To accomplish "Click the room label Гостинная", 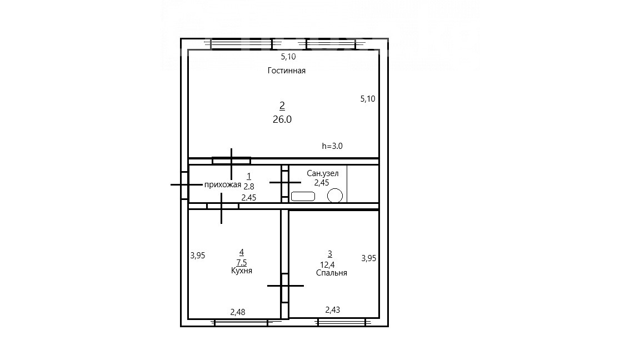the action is (287, 71).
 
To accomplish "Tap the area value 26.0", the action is (282, 119).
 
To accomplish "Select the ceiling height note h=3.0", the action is (332, 146).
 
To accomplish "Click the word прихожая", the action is (223, 185).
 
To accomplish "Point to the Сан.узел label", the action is (322, 173).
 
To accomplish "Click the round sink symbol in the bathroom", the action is (335, 196).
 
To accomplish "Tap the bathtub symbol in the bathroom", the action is (303, 196).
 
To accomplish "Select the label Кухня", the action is (242, 271).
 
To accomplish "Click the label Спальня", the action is (332, 273).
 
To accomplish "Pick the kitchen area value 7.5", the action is (242, 263).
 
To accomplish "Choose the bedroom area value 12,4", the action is (327, 265).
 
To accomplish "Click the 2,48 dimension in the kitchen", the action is (238, 312).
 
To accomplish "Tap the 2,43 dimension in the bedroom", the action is (333, 310).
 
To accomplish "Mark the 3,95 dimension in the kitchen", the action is (198, 256).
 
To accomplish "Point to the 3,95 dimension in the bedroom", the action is (368, 258).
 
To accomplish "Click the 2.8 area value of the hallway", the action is (249, 187).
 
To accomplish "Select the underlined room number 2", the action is (282, 106).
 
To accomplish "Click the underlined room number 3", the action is (330, 254).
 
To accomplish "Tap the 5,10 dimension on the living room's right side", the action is (368, 99).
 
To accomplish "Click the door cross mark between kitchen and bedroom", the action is (286, 286).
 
